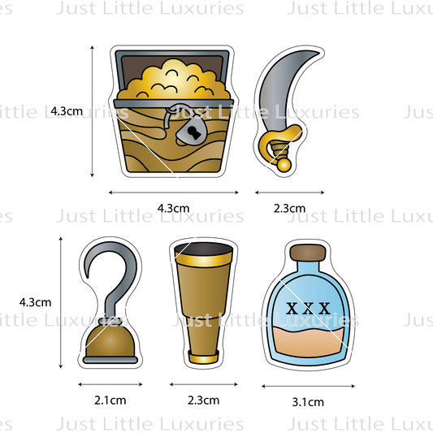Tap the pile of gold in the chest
(x=173, y=80)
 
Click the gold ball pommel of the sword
(x=284, y=165)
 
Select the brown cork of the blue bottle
(x=308, y=253)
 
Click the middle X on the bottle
(x=308, y=309)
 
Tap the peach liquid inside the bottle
(x=309, y=342)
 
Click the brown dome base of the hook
(x=110, y=342)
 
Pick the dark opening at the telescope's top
(x=204, y=249)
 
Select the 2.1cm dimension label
(x=110, y=401)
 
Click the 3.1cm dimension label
(x=308, y=402)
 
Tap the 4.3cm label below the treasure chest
(x=173, y=208)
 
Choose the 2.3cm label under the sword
(x=289, y=208)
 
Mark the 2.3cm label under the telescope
(x=204, y=401)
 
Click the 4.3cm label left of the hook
(x=36, y=302)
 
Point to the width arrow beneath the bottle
(x=308, y=386)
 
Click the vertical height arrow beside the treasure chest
(x=93, y=111)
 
